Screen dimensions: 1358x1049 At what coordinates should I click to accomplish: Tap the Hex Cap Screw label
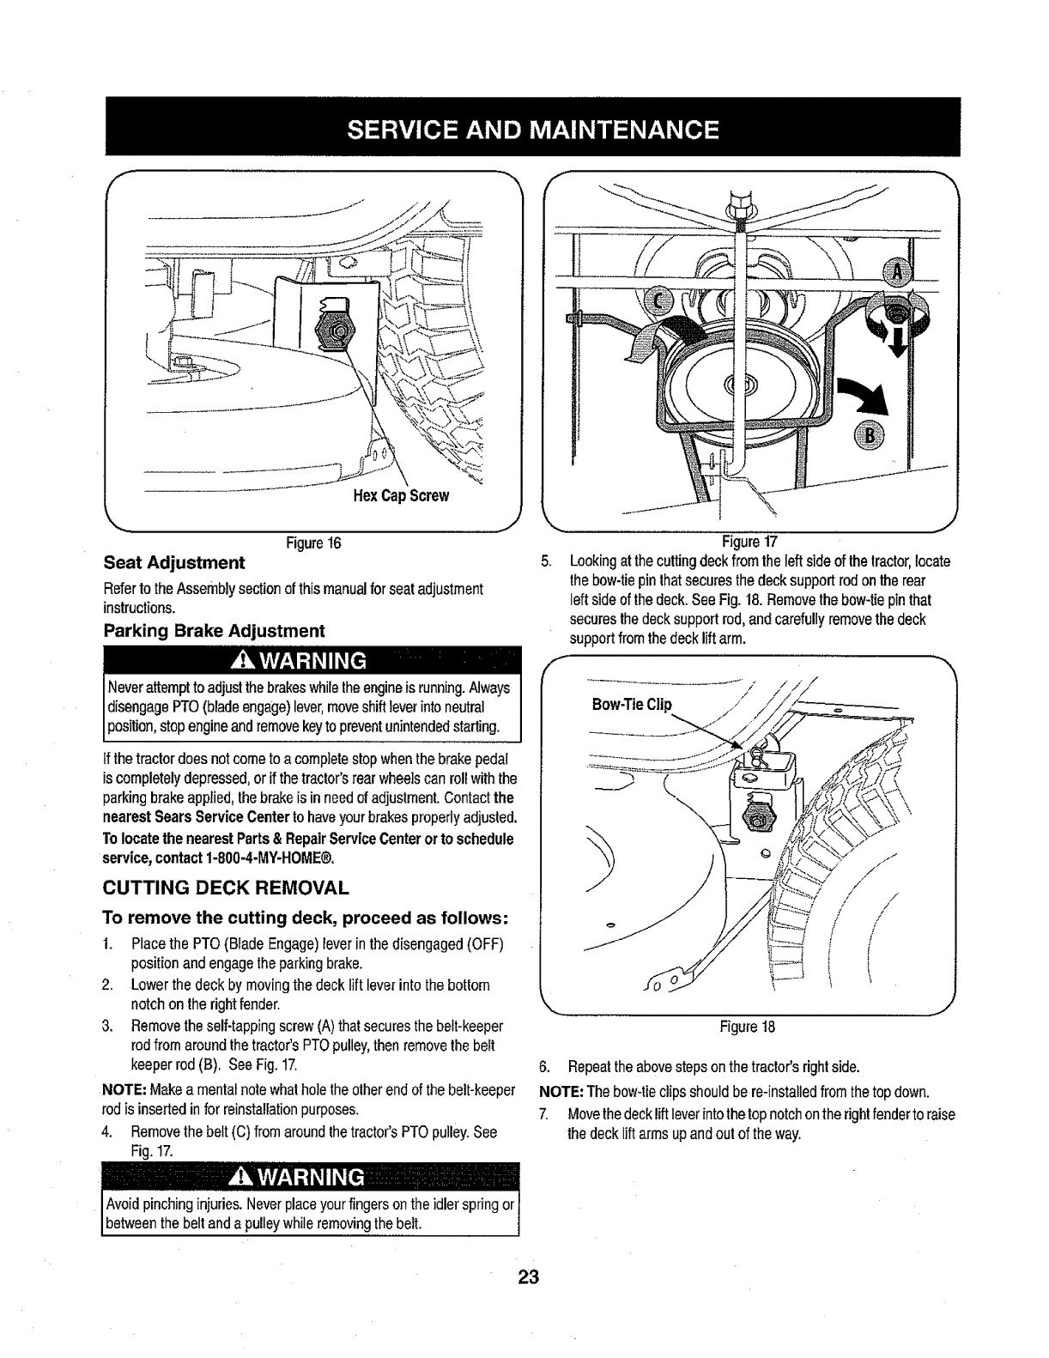click(401, 497)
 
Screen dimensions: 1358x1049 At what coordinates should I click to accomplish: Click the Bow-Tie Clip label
click(633, 705)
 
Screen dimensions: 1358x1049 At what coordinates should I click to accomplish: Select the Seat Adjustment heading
click(174, 563)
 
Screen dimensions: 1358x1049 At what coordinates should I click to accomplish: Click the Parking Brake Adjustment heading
click(214, 631)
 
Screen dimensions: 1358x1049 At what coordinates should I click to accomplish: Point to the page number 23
click(527, 1276)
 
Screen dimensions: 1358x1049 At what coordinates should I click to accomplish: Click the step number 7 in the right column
click(543, 1114)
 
